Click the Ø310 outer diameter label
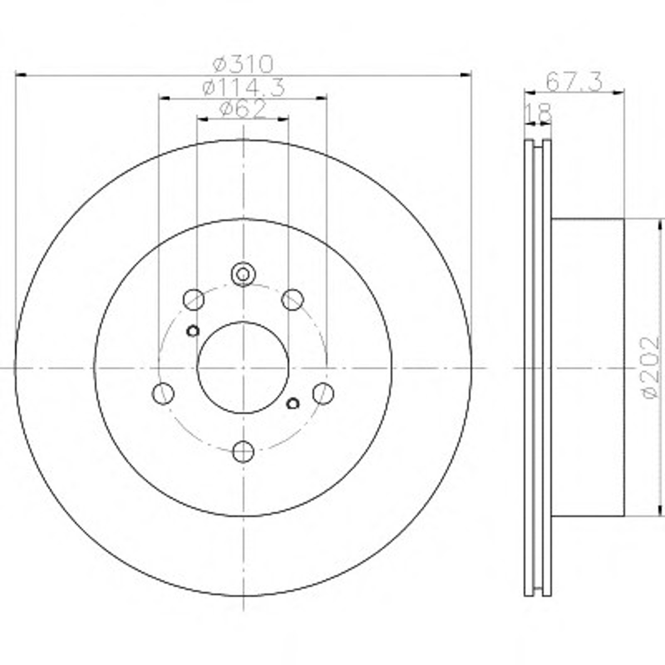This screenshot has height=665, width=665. coord(243,64)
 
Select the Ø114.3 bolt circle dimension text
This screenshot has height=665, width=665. coord(244,87)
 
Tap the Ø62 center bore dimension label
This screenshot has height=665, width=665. coord(243,109)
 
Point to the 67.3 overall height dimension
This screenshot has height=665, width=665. coord(574,81)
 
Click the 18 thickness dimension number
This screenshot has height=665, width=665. coord(539,113)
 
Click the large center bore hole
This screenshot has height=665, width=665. coord(243,367)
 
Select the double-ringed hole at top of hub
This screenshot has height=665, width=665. coord(243,275)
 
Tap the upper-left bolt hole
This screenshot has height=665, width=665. coord(194,300)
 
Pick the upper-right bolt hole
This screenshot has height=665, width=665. coord(293,300)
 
